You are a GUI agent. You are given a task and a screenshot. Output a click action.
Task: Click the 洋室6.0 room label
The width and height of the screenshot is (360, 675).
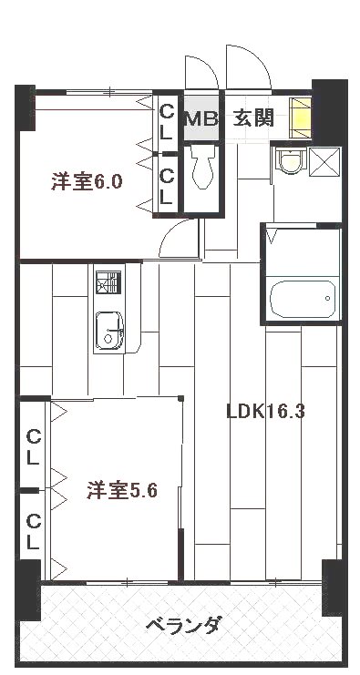(87, 181)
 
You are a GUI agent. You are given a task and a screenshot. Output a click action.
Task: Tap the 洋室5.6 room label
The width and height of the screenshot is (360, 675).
(122, 491)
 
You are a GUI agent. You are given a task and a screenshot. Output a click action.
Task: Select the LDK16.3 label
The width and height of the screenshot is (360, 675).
(265, 411)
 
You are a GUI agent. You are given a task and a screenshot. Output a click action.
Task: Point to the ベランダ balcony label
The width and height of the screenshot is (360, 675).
(182, 626)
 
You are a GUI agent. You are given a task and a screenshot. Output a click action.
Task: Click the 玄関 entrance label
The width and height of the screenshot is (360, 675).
(252, 118)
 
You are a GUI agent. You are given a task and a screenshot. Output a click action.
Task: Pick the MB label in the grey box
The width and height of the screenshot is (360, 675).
(201, 118)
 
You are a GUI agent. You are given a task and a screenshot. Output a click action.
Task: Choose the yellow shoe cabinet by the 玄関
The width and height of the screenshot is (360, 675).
(300, 117)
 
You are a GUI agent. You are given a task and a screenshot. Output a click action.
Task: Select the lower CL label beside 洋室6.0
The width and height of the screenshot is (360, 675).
(167, 186)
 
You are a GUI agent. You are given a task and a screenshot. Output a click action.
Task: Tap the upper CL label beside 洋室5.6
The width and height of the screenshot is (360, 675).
(32, 445)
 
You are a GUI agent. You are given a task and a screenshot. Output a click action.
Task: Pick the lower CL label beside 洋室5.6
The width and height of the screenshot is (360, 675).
(33, 531)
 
